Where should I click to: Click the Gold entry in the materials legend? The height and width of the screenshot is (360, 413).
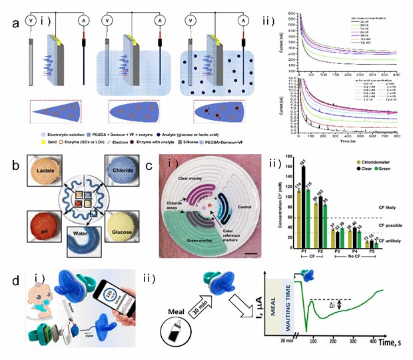[x=49, y=142]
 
